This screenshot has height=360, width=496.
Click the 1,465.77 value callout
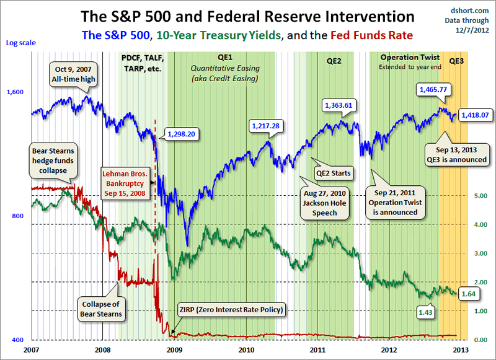tap(433, 90)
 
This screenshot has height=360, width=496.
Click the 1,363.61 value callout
tap(338, 105)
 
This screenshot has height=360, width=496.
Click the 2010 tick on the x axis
tap(246, 349)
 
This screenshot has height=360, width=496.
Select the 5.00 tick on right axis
tap(481, 196)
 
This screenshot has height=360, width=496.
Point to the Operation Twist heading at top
tap(404, 56)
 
